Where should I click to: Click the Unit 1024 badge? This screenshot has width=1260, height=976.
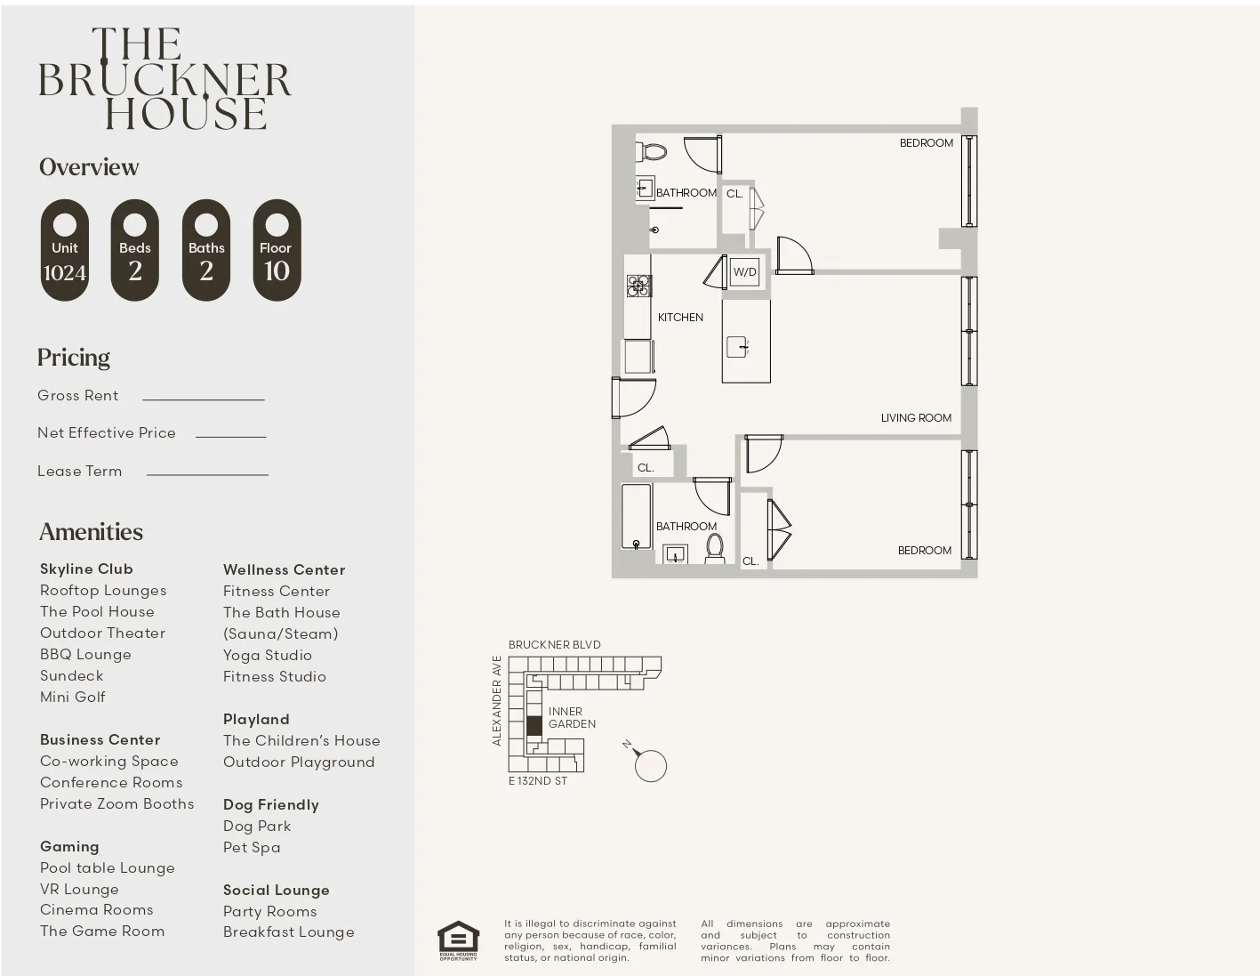tap(65, 250)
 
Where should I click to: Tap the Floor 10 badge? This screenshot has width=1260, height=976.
tap(277, 250)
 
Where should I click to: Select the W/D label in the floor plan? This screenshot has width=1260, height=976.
tap(744, 272)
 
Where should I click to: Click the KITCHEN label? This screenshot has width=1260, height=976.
tap(680, 318)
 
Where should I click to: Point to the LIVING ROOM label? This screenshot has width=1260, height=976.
tap(916, 418)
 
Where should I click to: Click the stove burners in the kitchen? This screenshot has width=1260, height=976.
tap(638, 286)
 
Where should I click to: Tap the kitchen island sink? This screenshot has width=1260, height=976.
tap(737, 346)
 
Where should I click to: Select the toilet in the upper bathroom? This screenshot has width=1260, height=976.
tap(654, 151)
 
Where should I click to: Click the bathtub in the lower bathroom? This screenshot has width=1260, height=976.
tap(636, 517)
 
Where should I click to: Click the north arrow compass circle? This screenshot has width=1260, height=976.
tap(651, 766)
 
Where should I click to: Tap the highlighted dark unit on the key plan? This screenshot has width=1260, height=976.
tap(534, 725)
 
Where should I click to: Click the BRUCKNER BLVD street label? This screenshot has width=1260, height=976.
tap(554, 645)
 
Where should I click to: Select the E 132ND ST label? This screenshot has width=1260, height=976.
tap(537, 781)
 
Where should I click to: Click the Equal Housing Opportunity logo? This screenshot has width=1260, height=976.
tap(458, 940)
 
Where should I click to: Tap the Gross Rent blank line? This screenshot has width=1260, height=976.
tap(203, 399)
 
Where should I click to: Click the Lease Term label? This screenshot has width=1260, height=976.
tap(80, 472)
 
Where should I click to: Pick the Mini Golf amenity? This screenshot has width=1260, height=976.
tap(73, 698)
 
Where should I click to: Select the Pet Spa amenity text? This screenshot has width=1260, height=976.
tap(252, 848)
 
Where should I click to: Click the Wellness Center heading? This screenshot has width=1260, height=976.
tap(284, 570)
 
